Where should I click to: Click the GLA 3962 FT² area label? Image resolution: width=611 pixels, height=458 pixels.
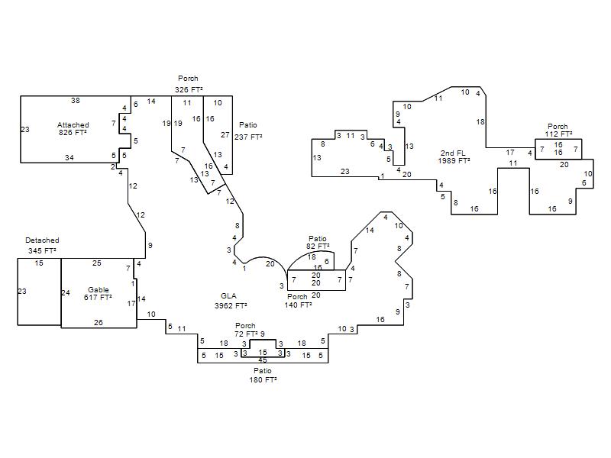click(x=230, y=301)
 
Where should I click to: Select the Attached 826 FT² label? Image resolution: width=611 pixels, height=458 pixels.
click(x=73, y=129)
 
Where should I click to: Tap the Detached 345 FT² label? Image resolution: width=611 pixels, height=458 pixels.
click(x=42, y=246)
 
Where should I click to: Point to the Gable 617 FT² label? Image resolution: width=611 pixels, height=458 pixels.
click(x=98, y=294)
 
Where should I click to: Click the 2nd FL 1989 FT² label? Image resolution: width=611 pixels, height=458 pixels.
click(x=453, y=157)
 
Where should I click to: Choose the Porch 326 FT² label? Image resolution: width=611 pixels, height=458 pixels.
click(x=188, y=84)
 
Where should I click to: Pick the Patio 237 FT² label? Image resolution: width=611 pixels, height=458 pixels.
click(x=248, y=131)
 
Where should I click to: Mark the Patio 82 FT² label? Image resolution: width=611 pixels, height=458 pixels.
click(x=317, y=243)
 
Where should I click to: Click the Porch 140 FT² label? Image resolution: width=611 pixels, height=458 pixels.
click(x=298, y=301)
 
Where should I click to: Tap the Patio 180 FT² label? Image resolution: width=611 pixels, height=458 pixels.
click(x=262, y=375)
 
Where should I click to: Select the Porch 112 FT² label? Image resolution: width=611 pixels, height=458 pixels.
click(x=558, y=131)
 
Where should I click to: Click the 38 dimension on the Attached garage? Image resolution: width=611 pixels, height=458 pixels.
click(x=76, y=101)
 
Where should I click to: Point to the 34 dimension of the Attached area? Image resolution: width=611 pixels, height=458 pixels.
click(x=70, y=158)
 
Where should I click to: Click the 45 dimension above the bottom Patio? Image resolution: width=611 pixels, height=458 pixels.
click(x=263, y=360)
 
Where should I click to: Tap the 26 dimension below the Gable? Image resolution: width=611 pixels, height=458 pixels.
click(x=99, y=323)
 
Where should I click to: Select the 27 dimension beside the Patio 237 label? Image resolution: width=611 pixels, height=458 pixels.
click(x=225, y=135)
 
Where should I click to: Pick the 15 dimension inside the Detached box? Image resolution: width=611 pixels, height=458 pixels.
click(x=39, y=263)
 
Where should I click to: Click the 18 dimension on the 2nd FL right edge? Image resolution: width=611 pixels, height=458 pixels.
click(x=480, y=122)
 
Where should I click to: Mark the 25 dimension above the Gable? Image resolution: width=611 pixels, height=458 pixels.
click(x=97, y=263)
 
